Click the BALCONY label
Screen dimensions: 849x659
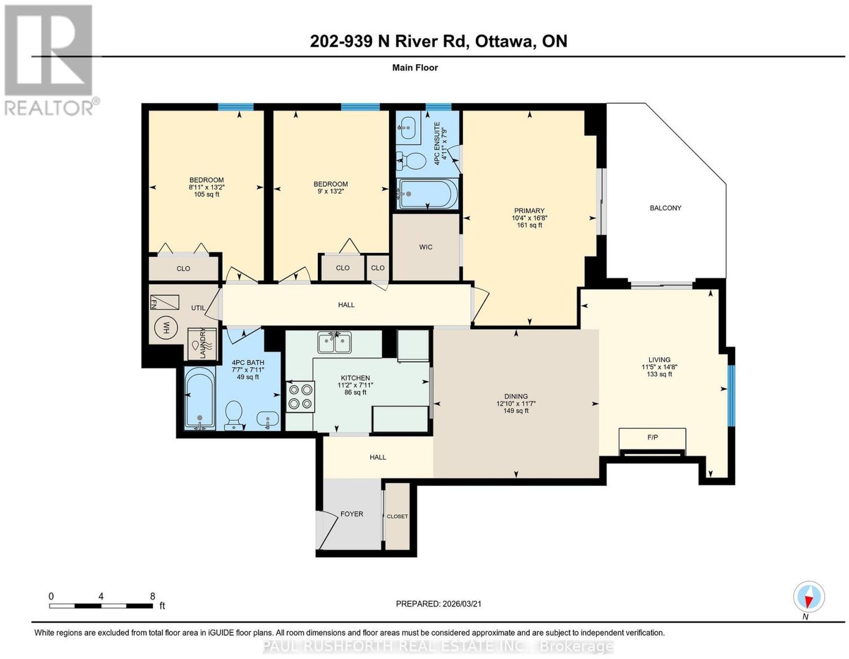tap(665, 208)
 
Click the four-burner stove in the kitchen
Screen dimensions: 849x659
tap(300, 396)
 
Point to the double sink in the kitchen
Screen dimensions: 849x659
tap(334, 342)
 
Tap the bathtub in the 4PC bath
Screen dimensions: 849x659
tap(200, 398)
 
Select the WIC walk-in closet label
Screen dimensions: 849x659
tap(426, 247)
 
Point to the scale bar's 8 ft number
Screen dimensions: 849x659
tap(152, 596)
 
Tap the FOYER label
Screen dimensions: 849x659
tap(352, 514)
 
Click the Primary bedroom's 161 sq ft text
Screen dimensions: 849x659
tap(529, 225)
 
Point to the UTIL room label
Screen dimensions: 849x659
tap(198, 308)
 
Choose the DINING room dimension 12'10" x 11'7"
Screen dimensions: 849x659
tap(516, 403)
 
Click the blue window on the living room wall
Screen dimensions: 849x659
tap(731, 396)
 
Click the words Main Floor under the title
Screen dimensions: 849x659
tap(415, 67)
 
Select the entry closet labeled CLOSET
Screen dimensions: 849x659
tap(397, 516)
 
